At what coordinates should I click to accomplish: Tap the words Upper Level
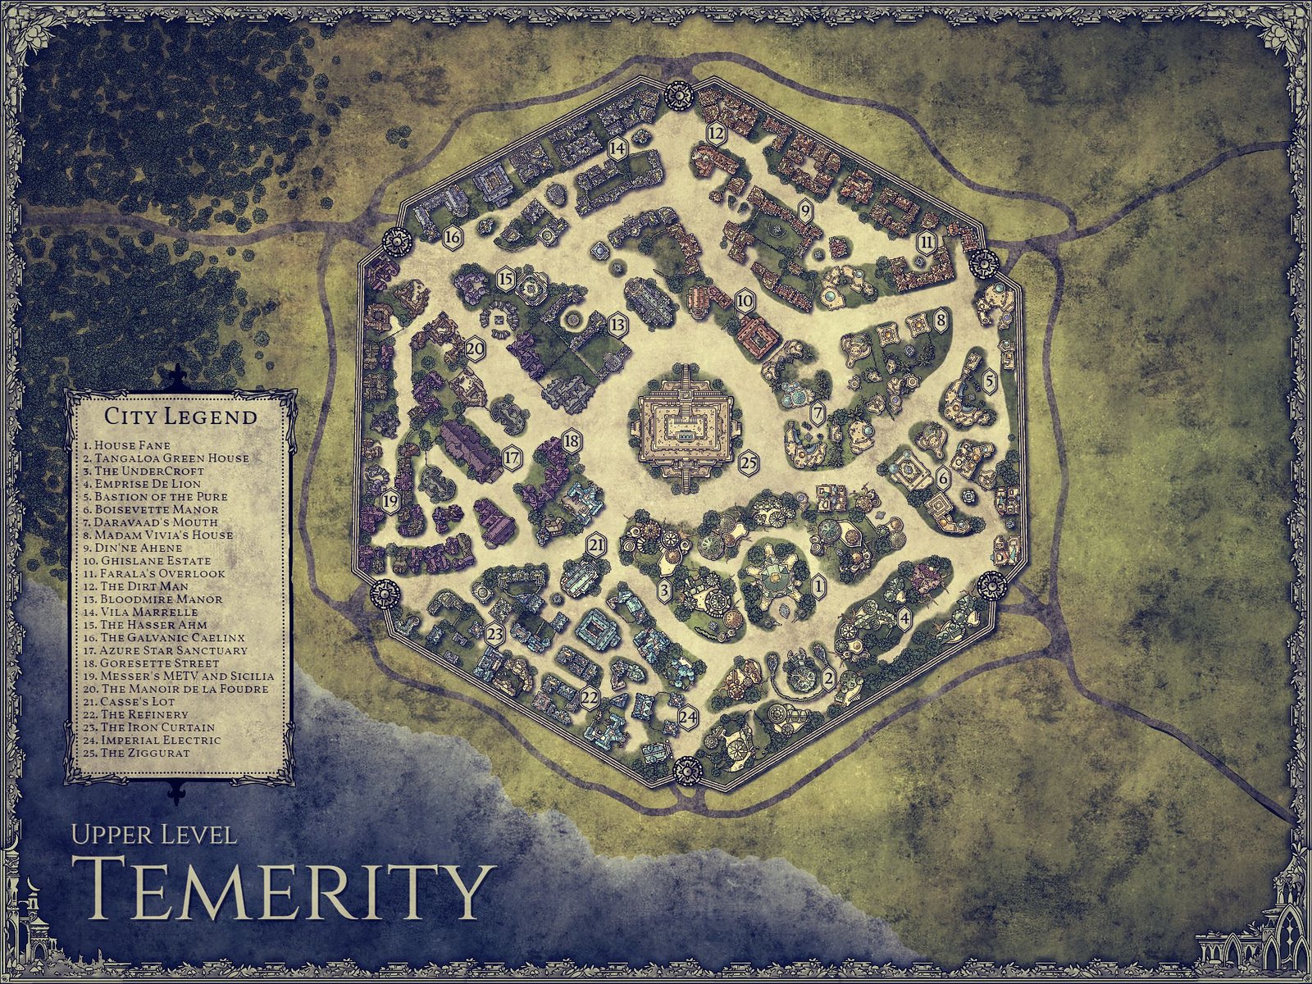pyautogui.click(x=154, y=835)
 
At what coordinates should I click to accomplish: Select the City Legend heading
pyautogui.click(x=180, y=416)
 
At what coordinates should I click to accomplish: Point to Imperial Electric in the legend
pyautogui.click(x=152, y=740)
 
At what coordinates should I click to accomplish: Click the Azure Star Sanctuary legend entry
pyautogui.click(x=164, y=650)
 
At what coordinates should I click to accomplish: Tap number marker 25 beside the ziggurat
pyautogui.click(x=747, y=462)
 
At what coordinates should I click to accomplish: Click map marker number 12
pyautogui.click(x=716, y=132)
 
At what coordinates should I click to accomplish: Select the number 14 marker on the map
pyautogui.click(x=617, y=148)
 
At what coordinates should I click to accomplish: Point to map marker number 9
pyautogui.click(x=805, y=211)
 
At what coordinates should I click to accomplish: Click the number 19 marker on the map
pyautogui.click(x=390, y=499)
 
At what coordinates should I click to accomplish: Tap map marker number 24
pyautogui.click(x=688, y=716)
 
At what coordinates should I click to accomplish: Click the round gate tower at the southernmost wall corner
pyautogui.click(x=684, y=771)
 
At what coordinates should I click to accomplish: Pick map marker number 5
pyautogui.click(x=990, y=380)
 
